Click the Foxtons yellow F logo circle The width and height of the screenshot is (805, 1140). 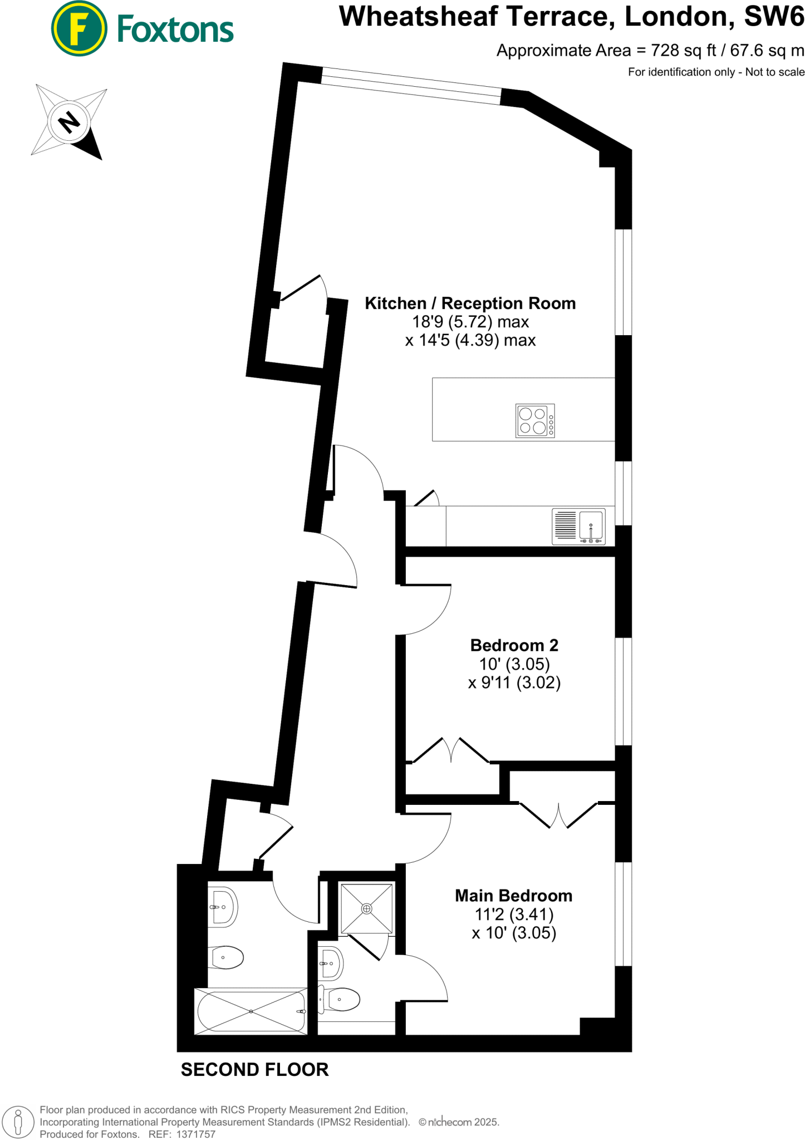tap(78, 28)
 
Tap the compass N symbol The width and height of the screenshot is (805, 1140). tap(69, 122)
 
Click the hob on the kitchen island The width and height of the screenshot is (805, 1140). tap(534, 421)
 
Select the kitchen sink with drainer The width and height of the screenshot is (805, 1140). tap(578, 526)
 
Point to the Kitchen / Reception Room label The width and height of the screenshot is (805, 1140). tap(470, 303)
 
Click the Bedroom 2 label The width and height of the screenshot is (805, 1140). tap(514, 645)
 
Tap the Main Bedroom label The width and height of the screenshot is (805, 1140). tap(513, 896)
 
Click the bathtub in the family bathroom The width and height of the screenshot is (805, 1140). tap(251, 1011)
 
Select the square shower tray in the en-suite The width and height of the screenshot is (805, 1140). tap(366, 908)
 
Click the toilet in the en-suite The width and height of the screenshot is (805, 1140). tap(340, 1000)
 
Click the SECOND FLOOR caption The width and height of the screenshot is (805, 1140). tap(254, 1070)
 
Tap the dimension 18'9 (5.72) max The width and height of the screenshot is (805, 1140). tap(470, 322)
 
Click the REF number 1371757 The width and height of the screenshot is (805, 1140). tap(195, 1134)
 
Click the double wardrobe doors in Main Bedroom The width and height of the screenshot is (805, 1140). tap(558, 815)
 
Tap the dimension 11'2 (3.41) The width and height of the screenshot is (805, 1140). tap(513, 915)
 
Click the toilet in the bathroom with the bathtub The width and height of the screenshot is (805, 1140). tap(227, 957)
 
